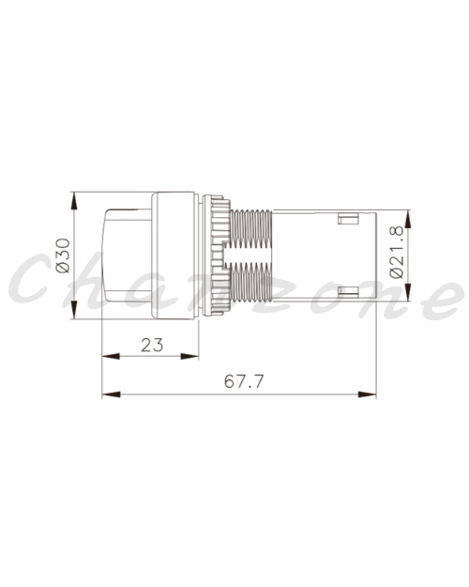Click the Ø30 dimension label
tap(63, 255)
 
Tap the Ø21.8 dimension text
tap(397, 252)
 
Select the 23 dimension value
tap(152, 345)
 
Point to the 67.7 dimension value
tap(244, 381)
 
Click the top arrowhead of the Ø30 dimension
tap(74, 201)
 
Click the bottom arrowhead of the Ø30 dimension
tap(74, 310)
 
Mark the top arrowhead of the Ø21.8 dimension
tap(408, 219)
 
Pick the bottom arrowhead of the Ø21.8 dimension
tap(408, 292)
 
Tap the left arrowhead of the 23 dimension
tap(111, 356)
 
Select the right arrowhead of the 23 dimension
tap(189, 356)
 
